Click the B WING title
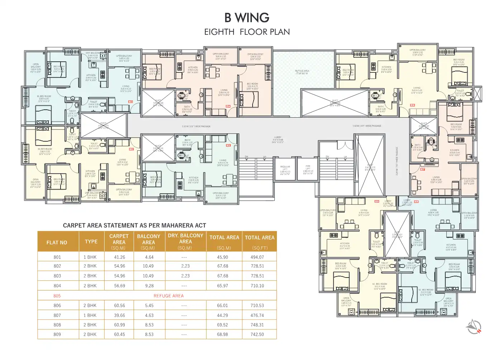247,18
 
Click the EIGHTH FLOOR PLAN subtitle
247,32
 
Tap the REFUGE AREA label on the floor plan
302,72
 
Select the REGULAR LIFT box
285,170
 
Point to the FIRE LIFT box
308,170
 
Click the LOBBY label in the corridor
278,139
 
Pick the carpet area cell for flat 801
119,257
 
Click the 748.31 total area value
257,325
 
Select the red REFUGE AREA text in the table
168,296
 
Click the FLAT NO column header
57,242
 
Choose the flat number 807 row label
57,316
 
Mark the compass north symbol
474,326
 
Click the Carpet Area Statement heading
134,226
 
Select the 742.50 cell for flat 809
257,334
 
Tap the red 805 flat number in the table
57,296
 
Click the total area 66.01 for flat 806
222,305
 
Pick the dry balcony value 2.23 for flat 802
185,266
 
